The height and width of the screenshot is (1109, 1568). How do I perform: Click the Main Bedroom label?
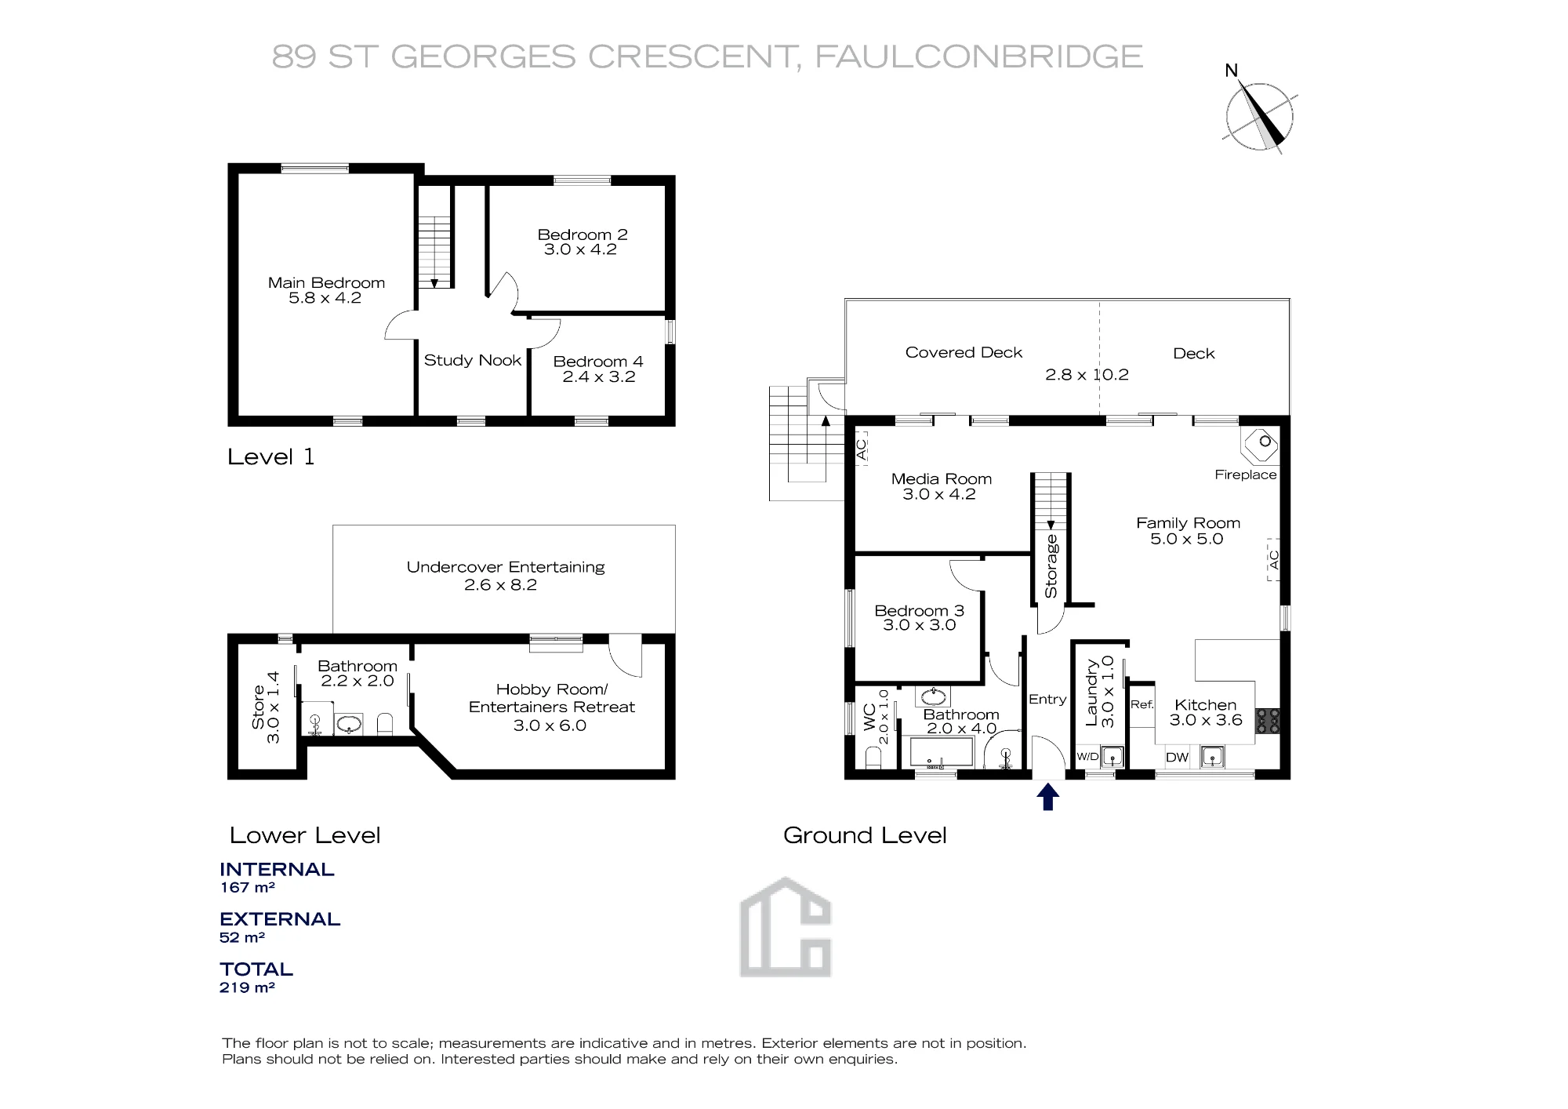[326, 283]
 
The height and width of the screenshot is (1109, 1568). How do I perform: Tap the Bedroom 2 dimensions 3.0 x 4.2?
[580, 249]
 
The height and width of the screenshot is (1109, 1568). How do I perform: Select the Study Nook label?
[473, 360]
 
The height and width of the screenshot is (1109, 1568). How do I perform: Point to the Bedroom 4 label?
[598, 362]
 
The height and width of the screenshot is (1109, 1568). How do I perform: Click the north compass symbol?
[1259, 116]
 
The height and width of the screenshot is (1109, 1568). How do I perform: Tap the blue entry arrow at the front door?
[1048, 798]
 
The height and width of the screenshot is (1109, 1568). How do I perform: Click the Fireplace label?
[1246, 475]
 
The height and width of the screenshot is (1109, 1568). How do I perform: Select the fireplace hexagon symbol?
[1260, 445]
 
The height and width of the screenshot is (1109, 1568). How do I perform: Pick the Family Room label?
[1188, 523]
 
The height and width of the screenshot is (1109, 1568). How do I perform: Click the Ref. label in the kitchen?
[1142, 704]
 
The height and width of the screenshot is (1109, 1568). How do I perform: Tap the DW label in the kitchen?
[1178, 758]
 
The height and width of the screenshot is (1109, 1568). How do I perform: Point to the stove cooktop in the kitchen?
[1268, 721]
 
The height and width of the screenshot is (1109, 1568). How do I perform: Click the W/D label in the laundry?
[1087, 757]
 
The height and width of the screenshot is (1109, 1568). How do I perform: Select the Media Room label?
[941, 479]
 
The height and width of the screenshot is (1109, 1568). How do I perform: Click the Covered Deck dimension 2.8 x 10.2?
[1087, 375]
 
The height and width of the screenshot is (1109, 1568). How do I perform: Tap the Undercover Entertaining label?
[506, 567]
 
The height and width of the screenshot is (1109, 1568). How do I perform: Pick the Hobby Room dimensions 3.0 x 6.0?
[550, 725]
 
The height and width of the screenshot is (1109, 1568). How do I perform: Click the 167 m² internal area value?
[247, 888]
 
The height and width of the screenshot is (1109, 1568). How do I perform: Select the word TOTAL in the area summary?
[256, 969]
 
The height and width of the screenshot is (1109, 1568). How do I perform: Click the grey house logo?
[786, 926]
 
